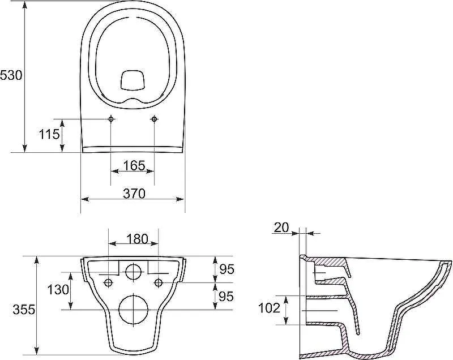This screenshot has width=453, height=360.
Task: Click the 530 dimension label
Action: [x=11, y=76]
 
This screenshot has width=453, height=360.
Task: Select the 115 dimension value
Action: [x=49, y=134]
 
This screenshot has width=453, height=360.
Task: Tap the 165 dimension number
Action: [x=134, y=165]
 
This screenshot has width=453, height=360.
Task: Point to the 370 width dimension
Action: [x=134, y=194]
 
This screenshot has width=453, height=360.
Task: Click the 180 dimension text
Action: [x=137, y=239]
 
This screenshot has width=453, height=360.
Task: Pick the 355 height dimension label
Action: [x=24, y=310]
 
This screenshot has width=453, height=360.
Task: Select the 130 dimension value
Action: [x=58, y=289]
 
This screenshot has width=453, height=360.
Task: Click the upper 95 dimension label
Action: [x=226, y=269]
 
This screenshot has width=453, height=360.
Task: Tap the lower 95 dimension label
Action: [x=226, y=296]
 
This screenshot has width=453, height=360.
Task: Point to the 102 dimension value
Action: [x=270, y=308]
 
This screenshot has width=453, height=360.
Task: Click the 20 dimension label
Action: [x=281, y=228]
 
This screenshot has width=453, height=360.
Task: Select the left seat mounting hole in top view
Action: [x=111, y=119]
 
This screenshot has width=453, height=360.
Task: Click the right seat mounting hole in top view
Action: [x=154, y=119]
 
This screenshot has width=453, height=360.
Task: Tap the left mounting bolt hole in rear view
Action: [x=108, y=282]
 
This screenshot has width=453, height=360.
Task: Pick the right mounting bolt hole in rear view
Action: [x=159, y=282]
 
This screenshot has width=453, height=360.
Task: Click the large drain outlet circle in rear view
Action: [x=134, y=309]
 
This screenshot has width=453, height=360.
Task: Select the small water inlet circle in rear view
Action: [x=134, y=271]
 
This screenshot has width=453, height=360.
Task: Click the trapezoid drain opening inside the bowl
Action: [x=133, y=79]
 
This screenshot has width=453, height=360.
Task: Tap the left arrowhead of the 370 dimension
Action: [x=84, y=199]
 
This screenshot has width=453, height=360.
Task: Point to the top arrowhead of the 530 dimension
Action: [x=25, y=5]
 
